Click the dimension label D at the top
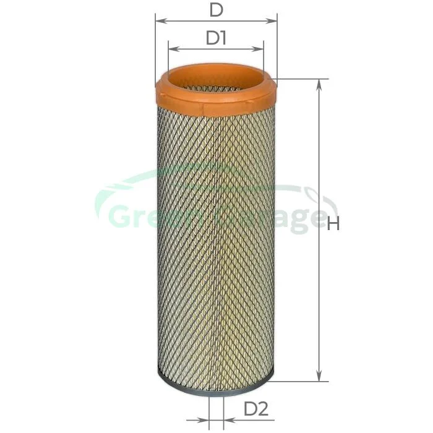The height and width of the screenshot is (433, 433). (216, 11)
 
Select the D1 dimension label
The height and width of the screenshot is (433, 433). (216, 38)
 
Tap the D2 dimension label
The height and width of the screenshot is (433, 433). (256, 409)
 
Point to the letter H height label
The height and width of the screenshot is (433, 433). (333, 223)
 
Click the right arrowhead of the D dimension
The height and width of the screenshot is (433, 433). (271, 21)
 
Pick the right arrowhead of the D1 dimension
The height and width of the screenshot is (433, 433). (258, 49)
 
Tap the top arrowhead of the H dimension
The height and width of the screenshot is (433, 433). (319, 85)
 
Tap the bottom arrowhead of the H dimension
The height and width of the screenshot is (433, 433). (319, 375)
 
